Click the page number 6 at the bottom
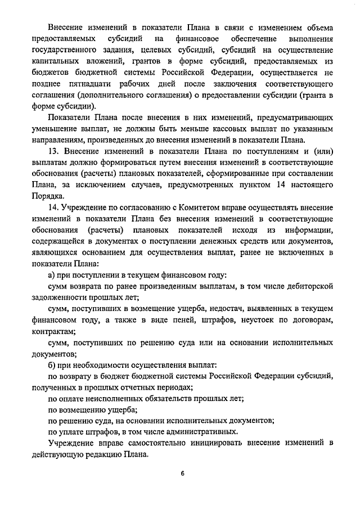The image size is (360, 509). pyautogui.click(x=183, y=473)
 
